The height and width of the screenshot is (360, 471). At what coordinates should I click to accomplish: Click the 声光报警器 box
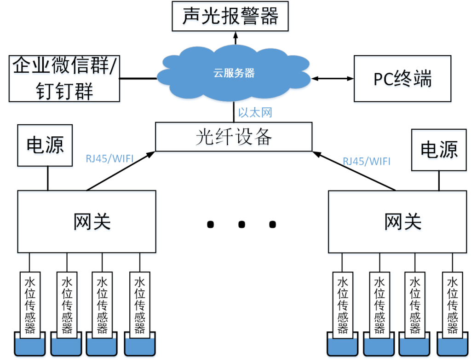230,17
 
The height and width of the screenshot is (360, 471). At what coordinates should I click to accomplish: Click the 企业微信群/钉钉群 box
64,79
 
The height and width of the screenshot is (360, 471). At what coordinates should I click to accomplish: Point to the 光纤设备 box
234,137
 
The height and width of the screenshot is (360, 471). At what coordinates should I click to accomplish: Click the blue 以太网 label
255,113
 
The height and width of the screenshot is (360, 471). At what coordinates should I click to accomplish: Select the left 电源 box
45,145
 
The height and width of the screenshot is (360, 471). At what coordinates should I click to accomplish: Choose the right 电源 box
440,149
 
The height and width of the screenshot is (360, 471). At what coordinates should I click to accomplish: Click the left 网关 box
87,221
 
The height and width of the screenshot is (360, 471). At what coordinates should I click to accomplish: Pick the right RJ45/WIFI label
367,162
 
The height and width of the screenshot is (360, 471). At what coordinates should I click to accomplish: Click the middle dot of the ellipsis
241,224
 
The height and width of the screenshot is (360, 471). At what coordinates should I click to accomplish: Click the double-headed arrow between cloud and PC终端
333,79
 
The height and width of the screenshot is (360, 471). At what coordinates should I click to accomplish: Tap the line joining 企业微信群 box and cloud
138,78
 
